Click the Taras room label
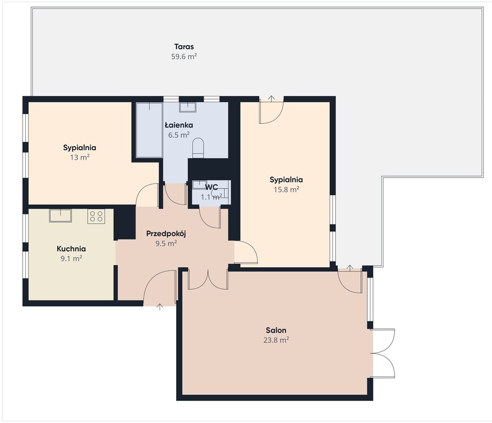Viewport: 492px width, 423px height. (x=184, y=47)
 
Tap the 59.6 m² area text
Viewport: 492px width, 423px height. (x=184, y=57)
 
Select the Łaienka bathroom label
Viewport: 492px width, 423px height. (x=179, y=125)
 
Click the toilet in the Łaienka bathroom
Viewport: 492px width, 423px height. (x=198, y=148)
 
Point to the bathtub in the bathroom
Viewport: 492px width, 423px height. (x=149, y=129)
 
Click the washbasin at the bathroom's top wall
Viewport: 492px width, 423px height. (x=188, y=107)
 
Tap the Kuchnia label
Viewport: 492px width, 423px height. (x=71, y=249)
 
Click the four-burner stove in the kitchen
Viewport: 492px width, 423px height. (x=96, y=216)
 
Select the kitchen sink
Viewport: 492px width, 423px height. (x=61, y=216)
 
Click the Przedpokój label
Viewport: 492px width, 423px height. (x=166, y=234)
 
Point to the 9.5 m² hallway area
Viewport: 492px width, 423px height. (x=166, y=243)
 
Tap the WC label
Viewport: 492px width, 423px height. (x=211, y=187)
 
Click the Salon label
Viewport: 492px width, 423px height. (x=276, y=330)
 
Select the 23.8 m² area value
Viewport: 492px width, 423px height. (x=276, y=340)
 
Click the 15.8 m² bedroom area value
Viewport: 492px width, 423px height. (x=287, y=189)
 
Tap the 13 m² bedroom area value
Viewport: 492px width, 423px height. (x=80, y=157)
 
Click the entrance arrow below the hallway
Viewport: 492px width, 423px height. (x=160, y=307)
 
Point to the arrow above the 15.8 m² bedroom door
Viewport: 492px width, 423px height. (x=271, y=98)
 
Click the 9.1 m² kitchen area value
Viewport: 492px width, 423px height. (x=72, y=258)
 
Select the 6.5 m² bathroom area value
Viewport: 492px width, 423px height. (x=179, y=135)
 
